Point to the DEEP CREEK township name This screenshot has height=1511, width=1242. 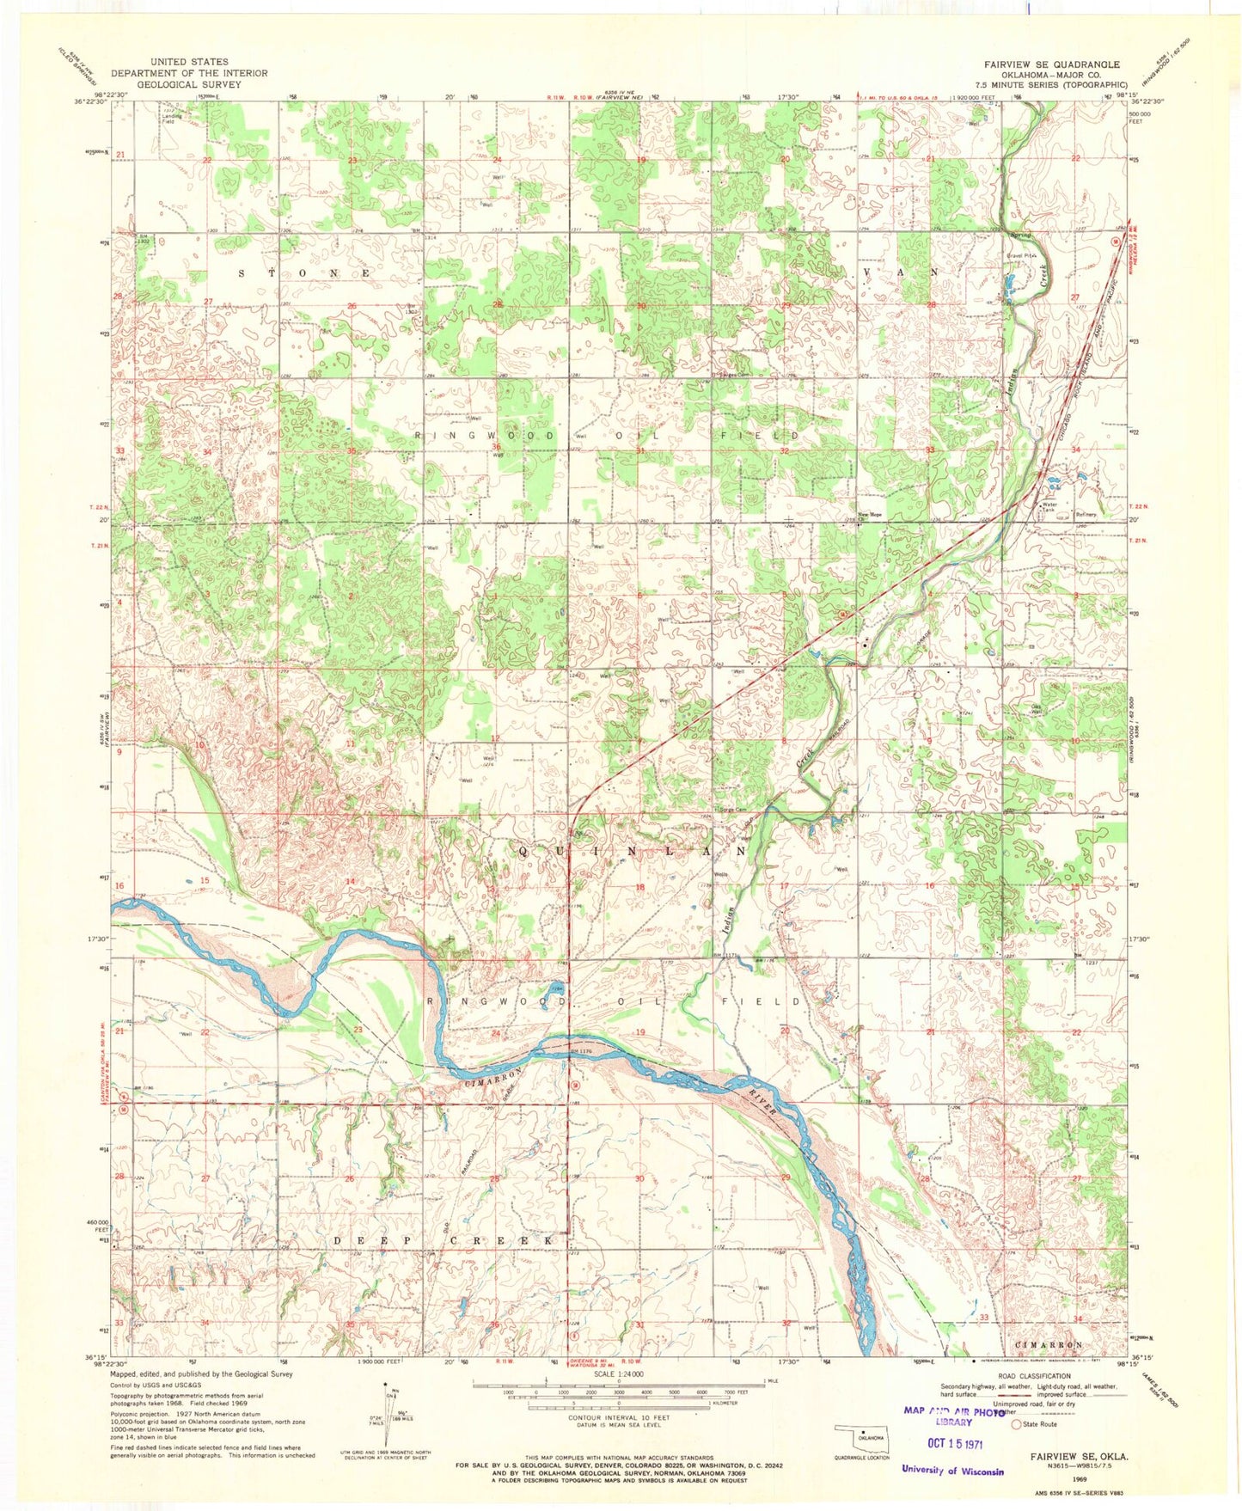(x=443, y=1241)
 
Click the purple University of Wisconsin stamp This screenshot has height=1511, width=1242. (x=952, y=1471)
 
